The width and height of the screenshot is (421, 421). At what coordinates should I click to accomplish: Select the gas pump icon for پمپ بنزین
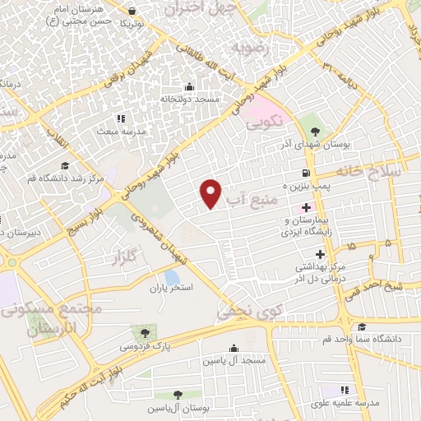coord(306,173)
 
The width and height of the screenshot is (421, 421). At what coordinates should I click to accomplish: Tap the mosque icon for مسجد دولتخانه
coord(190,86)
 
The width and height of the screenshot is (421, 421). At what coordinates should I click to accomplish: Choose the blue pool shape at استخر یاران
coord(173,278)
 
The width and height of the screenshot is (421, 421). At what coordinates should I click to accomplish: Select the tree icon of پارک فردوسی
coord(145,333)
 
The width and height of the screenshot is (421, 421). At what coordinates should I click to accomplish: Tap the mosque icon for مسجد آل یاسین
coord(237,348)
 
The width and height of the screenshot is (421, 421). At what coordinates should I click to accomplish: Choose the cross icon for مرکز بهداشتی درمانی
coord(308,255)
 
